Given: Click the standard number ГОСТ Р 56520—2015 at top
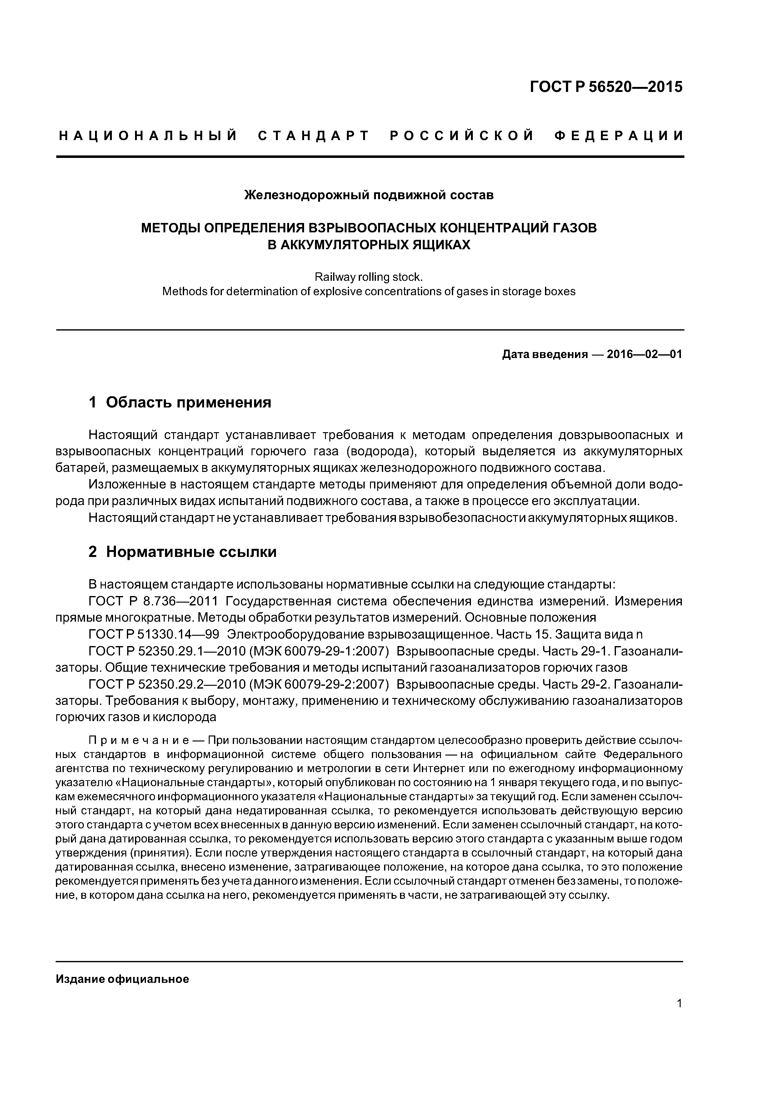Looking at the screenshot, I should [x=607, y=87].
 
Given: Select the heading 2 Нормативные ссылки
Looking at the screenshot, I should [x=182, y=552].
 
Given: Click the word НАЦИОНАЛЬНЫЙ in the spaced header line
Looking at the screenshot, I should [x=148, y=136].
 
